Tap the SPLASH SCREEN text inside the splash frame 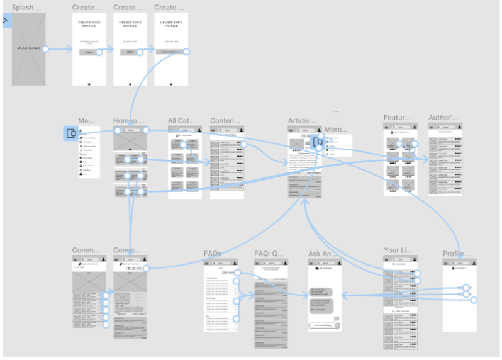[x=28, y=48]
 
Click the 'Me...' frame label [x=86, y=121]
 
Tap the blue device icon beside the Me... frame [x=71, y=133]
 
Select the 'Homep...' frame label [x=129, y=121]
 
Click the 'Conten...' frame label [x=225, y=121]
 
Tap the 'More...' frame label [x=336, y=130]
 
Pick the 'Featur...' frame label [x=397, y=118]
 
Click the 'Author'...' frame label [x=443, y=118]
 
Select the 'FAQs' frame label [x=212, y=254]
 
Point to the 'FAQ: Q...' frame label [x=269, y=254]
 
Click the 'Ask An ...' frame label [x=322, y=254]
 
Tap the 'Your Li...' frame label [x=398, y=250]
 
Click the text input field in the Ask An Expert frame [x=322, y=325]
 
